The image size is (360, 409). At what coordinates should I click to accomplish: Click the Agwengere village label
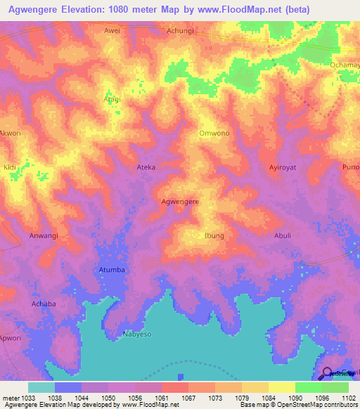[180, 202]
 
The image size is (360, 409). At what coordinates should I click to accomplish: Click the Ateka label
[146, 168]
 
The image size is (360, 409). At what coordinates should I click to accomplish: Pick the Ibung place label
[214, 236]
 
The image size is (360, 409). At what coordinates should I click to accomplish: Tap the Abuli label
[282, 236]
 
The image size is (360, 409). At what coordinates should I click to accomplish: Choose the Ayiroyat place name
[285, 168]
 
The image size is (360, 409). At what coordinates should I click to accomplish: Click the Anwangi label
[44, 236]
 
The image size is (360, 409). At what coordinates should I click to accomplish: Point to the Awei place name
[112, 31]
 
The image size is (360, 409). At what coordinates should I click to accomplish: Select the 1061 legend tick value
[161, 397]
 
